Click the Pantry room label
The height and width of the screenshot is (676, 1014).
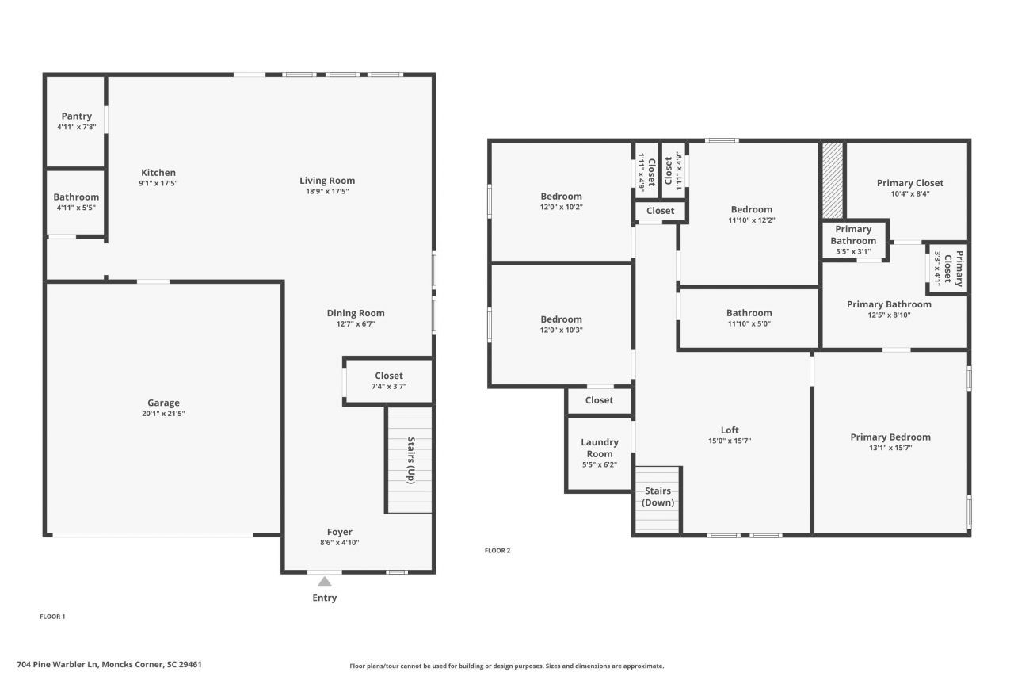coord(76,116)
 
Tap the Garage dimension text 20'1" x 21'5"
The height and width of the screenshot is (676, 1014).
coord(163,414)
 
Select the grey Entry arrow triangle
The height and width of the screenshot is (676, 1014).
coord(325,582)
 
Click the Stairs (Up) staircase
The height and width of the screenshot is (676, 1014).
coord(410,460)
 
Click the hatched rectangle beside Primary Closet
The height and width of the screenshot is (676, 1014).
coord(832,180)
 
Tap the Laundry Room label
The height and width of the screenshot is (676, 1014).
coord(600,448)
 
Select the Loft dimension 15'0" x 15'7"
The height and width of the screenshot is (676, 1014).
coord(730,441)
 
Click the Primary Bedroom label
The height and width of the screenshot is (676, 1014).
coord(890,437)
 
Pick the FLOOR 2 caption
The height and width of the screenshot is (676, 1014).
coord(497,550)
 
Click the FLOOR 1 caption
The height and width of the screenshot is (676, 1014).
coord(53,616)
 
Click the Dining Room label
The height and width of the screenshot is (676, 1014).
coord(356,313)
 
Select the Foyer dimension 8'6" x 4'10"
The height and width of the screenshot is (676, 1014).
coord(340,542)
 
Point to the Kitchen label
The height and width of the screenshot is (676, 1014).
coord(158,173)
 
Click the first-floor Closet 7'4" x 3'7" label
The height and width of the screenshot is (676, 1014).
coord(388,376)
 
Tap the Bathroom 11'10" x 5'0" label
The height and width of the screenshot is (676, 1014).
coord(749,313)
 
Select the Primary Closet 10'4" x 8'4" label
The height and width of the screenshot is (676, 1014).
coord(910,183)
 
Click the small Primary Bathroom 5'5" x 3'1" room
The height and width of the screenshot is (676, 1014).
coord(853,241)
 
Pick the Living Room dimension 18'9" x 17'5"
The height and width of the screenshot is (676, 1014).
coord(327,191)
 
